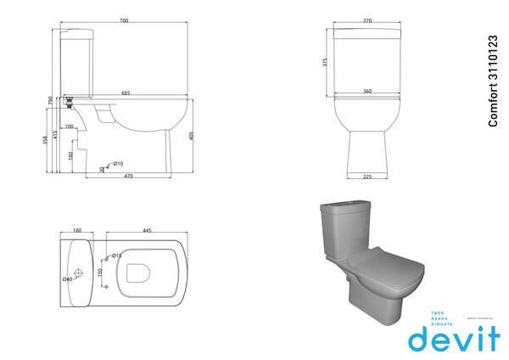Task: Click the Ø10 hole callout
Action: pos(119,163)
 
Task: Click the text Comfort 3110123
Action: pos(493,82)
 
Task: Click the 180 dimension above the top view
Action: pos(77,230)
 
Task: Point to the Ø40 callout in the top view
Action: pos(66,278)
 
